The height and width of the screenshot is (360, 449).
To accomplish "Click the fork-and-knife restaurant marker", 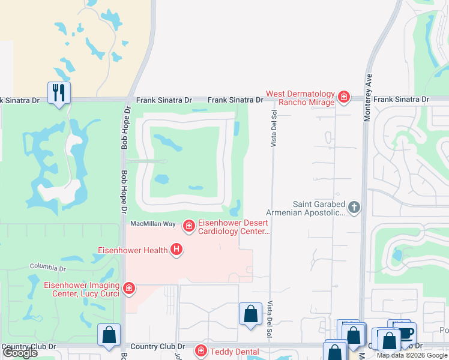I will (59, 93).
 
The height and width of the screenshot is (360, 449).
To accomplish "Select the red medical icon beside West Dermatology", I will (343, 97).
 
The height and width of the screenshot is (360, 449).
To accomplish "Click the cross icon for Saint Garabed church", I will (354, 208).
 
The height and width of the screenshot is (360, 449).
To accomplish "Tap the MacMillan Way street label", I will (153, 224).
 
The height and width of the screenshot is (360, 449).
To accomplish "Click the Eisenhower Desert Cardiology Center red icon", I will (189, 225).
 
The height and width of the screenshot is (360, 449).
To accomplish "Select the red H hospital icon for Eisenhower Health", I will (176, 249).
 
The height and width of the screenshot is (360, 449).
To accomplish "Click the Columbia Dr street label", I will (48, 267).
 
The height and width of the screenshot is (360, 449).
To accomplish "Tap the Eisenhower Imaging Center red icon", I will (128, 289).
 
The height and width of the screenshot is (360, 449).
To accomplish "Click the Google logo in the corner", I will (20, 353).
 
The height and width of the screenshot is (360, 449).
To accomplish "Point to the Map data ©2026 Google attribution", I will (412, 355).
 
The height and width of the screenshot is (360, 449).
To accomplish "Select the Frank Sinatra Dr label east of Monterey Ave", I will (402, 99).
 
